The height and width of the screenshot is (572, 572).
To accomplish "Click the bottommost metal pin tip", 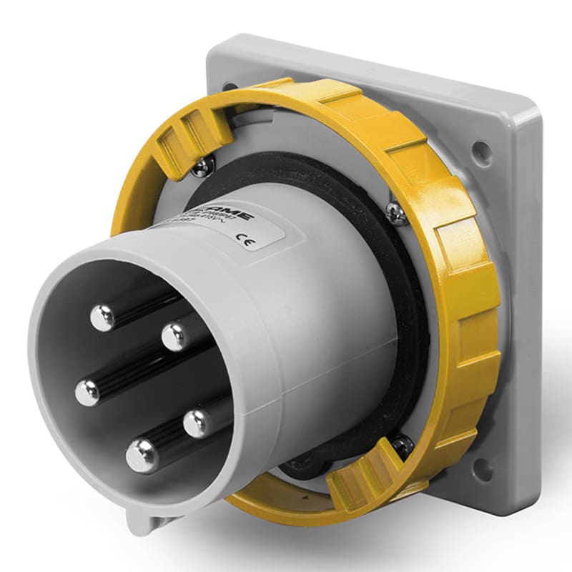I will (142, 454).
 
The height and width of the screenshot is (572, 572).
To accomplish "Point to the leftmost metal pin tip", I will (89, 393).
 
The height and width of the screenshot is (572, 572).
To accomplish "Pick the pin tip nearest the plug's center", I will (174, 336).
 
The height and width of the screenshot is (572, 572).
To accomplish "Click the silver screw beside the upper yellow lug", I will (202, 166).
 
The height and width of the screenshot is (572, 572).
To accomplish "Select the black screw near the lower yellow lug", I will (402, 446).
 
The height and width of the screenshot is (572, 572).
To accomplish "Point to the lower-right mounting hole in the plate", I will (483, 469).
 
